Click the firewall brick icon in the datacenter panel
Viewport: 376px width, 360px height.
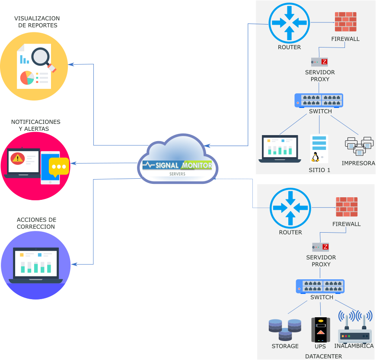[x=347, y=207]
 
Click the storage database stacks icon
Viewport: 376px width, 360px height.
[x=285, y=330]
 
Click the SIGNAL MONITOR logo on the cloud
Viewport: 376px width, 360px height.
[x=177, y=165]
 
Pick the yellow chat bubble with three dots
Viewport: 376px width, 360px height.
[x=59, y=167]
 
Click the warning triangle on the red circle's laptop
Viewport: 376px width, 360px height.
[x=17, y=158]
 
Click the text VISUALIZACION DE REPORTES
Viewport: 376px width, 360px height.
[x=37, y=22]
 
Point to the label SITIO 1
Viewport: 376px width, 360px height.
[x=319, y=170]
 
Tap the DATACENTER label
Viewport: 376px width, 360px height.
[x=323, y=356]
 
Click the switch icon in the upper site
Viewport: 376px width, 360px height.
[x=319, y=100]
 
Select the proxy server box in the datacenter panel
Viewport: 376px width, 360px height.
[x=320, y=247]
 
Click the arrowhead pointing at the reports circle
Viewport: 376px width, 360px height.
[x=71, y=65]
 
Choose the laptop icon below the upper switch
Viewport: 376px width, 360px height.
[x=280, y=148]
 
